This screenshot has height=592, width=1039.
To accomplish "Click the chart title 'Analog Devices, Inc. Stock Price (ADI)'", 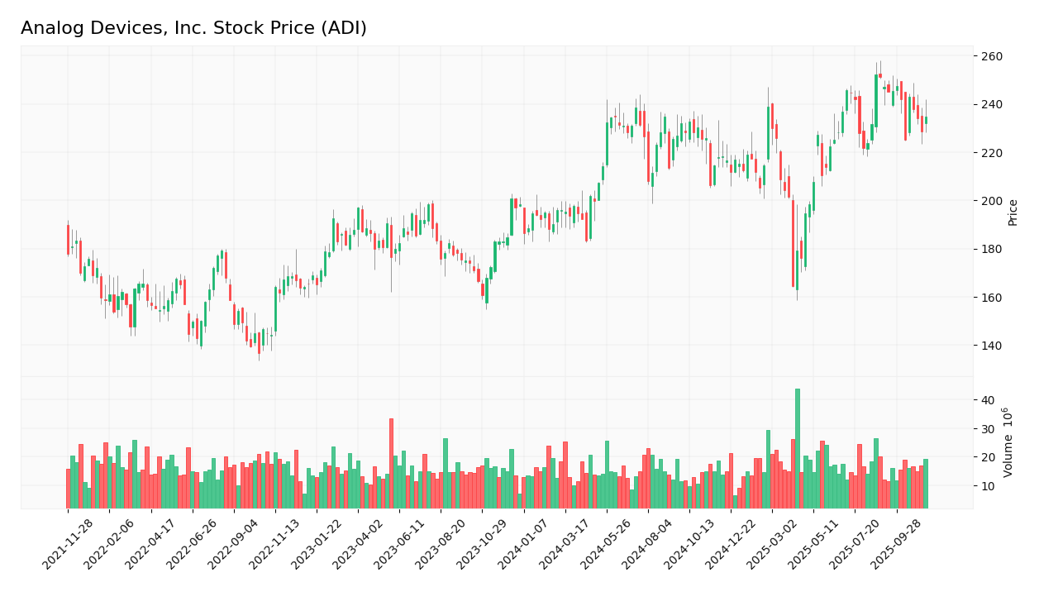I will pyautogui.click(x=193, y=29).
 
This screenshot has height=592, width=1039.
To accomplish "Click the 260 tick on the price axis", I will pyautogui.click(x=992, y=56).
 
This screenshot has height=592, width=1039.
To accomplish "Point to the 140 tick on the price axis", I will pyautogui.click(x=992, y=346).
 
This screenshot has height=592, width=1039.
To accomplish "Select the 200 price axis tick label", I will pyautogui.click(x=992, y=201).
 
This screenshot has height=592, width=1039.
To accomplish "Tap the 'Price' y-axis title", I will pyautogui.click(x=1013, y=212).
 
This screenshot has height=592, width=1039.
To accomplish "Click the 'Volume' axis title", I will pyautogui.click(x=1008, y=442).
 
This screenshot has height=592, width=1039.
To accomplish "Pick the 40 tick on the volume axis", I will pyautogui.click(x=987, y=400).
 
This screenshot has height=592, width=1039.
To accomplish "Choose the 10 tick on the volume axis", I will pyautogui.click(x=987, y=486).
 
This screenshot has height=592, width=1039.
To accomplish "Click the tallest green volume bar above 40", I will pyautogui.click(x=798, y=448).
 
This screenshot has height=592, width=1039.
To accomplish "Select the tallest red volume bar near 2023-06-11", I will pyautogui.click(x=391, y=463).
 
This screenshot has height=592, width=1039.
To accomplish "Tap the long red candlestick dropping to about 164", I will pyautogui.click(x=793, y=243).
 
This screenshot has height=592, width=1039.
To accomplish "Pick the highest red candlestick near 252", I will pyautogui.click(x=880, y=75).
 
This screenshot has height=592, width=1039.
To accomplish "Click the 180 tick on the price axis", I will pyautogui.click(x=992, y=249).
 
